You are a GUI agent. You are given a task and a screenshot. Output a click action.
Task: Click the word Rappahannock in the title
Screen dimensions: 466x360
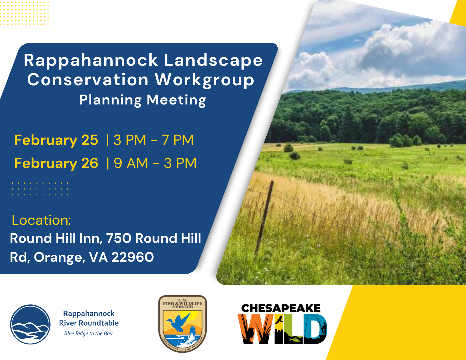[x=91, y=61]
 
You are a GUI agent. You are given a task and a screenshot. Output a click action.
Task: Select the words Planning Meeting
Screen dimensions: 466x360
[x=143, y=100]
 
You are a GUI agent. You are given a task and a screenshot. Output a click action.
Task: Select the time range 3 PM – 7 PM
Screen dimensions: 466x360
[x=153, y=140]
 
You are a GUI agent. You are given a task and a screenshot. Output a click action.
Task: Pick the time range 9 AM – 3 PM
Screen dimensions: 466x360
[x=155, y=163]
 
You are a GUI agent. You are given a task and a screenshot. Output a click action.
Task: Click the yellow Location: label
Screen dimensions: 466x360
[x=41, y=220]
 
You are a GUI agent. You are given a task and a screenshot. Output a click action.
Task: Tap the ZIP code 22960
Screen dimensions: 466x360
[x=132, y=257]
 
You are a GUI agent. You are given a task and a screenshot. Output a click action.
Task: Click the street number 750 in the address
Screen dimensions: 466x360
[x=119, y=238]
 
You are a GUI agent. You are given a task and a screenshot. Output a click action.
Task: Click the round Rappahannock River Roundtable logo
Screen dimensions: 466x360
[x=30, y=324]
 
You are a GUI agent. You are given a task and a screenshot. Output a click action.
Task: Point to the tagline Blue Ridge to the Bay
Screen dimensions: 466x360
[x=88, y=333]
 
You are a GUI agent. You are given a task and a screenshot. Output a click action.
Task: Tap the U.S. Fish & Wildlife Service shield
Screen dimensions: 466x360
[x=182, y=324]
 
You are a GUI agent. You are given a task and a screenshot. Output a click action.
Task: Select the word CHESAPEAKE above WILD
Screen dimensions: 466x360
[x=281, y=308]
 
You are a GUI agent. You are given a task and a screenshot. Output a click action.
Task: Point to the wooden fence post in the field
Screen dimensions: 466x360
[x=264, y=217]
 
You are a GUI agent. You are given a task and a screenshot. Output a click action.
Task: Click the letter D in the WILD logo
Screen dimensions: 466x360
[x=315, y=329]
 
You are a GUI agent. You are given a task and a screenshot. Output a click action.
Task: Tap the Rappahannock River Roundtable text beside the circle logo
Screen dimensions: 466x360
[x=89, y=318]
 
